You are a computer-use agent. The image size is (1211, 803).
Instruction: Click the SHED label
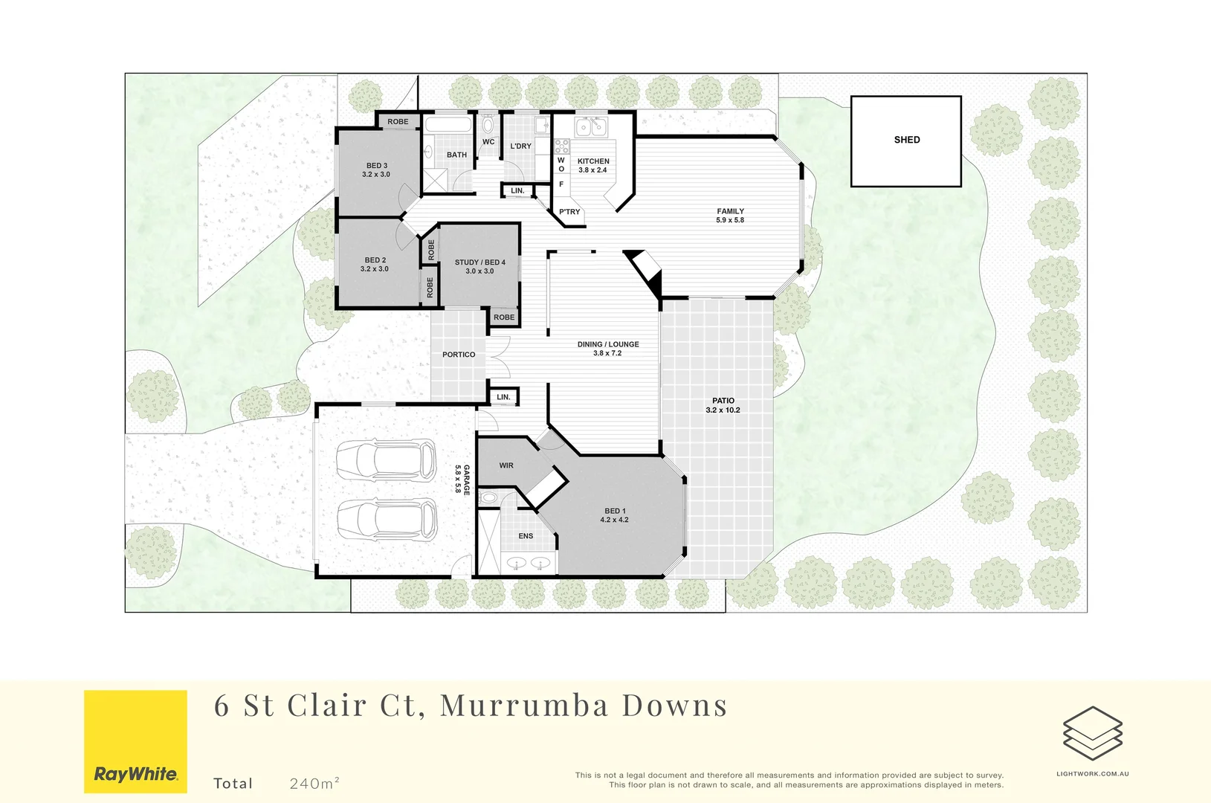pyautogui.click(x=906, y=140)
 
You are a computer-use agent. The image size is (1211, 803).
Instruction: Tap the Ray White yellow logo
pyautogui.click(x=135, y=741)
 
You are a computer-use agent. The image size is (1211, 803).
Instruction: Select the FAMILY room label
pyautogui.click(x=730, y=212)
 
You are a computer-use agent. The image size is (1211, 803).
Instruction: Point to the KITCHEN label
pyautogui.click(x=593, y=161)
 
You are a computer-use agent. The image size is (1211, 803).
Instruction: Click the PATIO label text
pyautogui.click(x=723, y=401)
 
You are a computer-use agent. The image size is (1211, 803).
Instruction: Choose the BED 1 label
pyautogui.click(x=615, y=512)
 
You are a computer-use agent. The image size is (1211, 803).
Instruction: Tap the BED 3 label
pyautogui.click(x=376, y=166)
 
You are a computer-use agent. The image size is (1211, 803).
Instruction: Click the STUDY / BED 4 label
pyautogui.click(x=479, y=262)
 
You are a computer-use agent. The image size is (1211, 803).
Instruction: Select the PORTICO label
pyautogui.click(x=459, y=355)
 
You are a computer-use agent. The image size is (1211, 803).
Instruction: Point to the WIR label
pyautogui.click(x=506, y=465)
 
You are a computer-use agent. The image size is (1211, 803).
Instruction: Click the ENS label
pyautogui.click(x=526, y=536)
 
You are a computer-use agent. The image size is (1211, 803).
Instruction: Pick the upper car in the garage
pyautogui.click(x=385, y=460)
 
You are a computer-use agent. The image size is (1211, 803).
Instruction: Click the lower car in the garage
pyautogui.click(x=387, y=518)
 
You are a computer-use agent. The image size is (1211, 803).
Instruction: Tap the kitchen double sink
pyautogui.click(x=591, y=127)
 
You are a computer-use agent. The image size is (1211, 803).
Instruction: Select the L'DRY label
pyautogui.click(x=520, y=146)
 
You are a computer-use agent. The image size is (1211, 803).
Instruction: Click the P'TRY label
pyautogui.click(x=569, y=212)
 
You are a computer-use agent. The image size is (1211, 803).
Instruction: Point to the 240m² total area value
pyautogui.click(x=314, y=783)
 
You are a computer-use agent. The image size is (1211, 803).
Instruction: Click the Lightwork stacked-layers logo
pyautogui.click(x=1092, y=733)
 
